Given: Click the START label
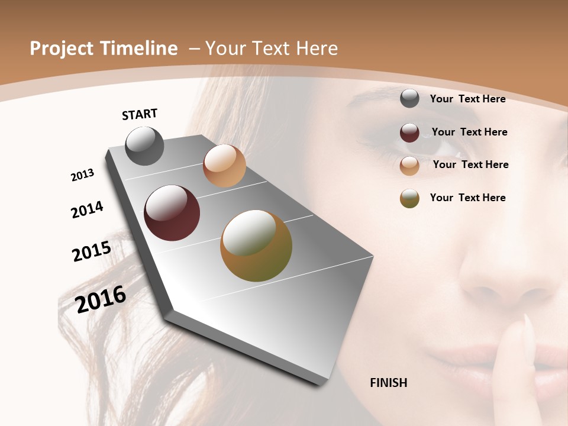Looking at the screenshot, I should tap(140, 114).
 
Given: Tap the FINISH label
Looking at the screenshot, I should tap(388, 383).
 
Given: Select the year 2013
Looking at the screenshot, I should tap(82, 175).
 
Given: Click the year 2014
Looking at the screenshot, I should tap(87, 210).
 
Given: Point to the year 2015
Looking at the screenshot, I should tap(92, 251).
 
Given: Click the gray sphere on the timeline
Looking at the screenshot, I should tap(144, 146).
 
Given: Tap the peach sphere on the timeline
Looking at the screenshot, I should tap(224, 165).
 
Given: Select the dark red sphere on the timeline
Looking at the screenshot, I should tap(172, 213).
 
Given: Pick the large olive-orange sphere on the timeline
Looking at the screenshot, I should tap(256, 246).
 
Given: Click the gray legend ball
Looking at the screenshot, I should tap(409, 99).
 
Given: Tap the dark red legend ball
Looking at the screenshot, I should tap(409, 133).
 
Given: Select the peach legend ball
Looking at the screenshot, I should tap(409, 165).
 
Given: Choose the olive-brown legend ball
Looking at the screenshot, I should tap(409, 198).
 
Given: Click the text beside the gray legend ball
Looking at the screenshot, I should tap(467, 99).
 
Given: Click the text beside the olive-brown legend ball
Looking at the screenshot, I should tap(467, 198).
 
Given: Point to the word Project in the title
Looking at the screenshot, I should tap(62, 49).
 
